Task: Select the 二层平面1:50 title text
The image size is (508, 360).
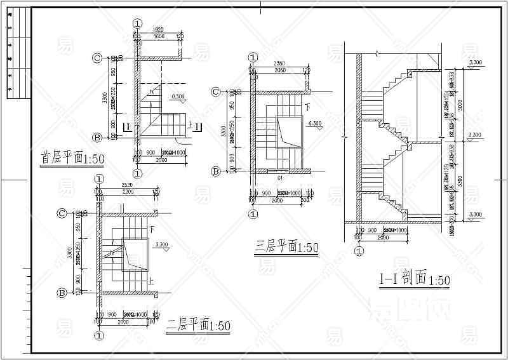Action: [x=197, y=326]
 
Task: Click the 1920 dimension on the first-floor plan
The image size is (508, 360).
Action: [x=159, y=30]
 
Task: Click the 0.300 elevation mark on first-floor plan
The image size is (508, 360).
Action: [x=178, y=97]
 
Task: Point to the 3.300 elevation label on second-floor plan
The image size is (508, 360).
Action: [x=161, y=244]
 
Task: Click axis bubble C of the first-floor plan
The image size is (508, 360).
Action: [x=97, y=58]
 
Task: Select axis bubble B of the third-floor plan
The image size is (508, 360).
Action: [x=215, y=171]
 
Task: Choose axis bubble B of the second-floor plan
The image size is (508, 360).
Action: [x=63, y=293]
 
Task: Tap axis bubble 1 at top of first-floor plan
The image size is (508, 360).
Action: [x=138, y=23]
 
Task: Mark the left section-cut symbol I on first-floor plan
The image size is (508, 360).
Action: [x=128, y=128]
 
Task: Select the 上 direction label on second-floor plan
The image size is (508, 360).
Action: [x=150, y=278]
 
